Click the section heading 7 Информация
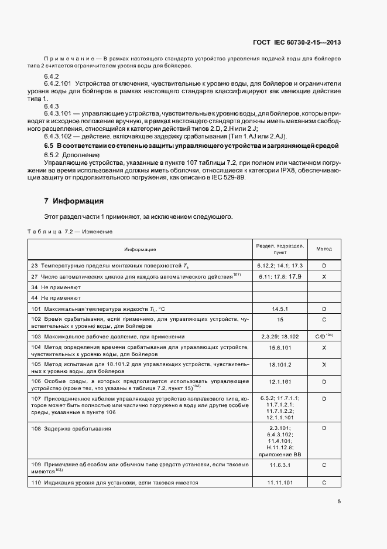[74, 201]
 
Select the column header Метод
[324, 249]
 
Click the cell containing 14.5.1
[280, 308]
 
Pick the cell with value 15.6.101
[280, 348]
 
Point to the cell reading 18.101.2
[280, 364]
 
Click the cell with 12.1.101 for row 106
[280, 381]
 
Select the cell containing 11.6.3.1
[280, 465]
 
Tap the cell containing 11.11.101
[280, 483]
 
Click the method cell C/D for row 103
[324, 337]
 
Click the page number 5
[340, 501]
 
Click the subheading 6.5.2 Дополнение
[68, 154]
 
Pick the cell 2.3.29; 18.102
[280, 337]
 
